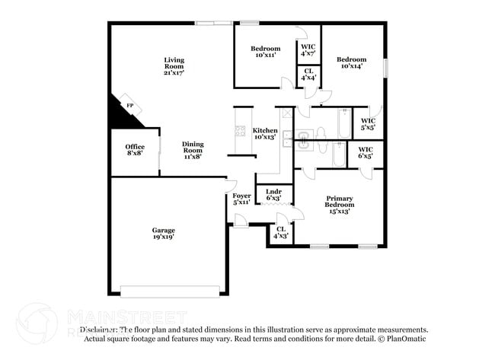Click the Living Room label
pos(174,65)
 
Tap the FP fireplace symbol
pos(129,106)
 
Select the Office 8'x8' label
pos(135,150)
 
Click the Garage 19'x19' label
pos(163,234)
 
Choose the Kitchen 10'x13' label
pos(265,134)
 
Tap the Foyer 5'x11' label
pos(241,199)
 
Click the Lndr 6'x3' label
pos(274,195)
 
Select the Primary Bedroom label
pos(339,205)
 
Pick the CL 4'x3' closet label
pos(281,232)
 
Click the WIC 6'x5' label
pos(366,153)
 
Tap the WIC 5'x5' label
pos(368,123)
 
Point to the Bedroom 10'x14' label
pos(352,62)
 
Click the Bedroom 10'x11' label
pos(265,52)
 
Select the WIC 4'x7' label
pos(308,51)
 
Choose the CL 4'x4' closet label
pos(308,76)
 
